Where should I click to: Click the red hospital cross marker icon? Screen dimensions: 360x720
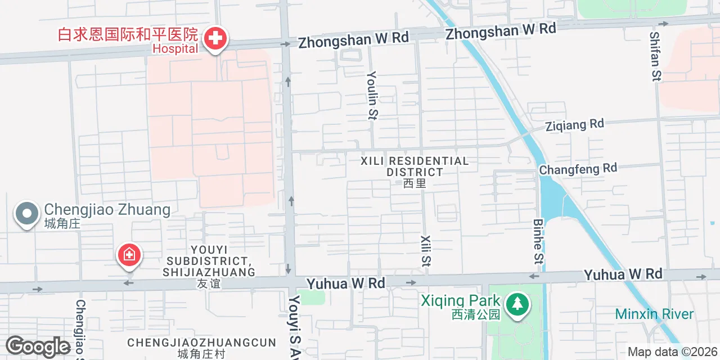point(214,38)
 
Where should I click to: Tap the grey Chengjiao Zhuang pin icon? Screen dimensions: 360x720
point(26,214)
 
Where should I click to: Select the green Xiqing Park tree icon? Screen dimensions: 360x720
point(516,304)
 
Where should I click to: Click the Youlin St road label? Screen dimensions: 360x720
point(372,96)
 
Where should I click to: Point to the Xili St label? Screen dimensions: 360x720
point(425,250)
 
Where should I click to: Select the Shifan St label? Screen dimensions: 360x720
point(655,56)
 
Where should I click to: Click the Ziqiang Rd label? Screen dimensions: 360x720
point(574,125)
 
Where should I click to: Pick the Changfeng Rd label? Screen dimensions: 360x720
point(578,168)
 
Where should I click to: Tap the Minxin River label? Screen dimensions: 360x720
point(654,314)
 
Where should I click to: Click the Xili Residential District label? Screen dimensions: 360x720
point(415,166)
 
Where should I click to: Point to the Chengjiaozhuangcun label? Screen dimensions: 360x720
point(201,343)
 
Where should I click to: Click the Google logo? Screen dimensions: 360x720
point(38,346)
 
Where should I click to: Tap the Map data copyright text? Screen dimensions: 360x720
point(673,352)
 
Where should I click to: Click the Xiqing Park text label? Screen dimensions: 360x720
point(460,301)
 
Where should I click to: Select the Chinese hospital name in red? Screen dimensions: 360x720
point(128,35)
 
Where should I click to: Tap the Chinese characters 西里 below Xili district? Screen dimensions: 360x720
point(415,183)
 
